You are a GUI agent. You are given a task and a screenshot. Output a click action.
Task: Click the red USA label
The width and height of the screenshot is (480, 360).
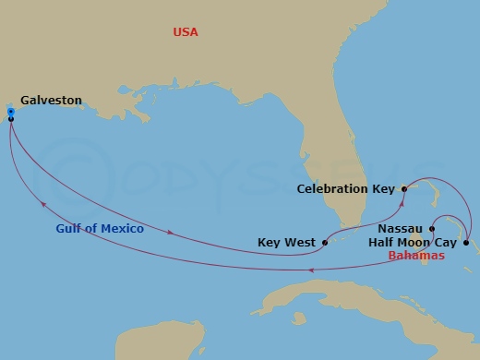pos(186,33)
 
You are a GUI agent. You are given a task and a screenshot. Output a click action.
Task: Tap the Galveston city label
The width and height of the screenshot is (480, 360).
pos(51,100)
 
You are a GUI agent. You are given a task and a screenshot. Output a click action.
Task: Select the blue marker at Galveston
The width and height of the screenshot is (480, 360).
pos(10,112)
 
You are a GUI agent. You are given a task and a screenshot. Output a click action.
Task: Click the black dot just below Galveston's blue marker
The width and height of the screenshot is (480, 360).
pos(10,119)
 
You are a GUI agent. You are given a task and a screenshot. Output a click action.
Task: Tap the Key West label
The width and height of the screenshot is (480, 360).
pos(285,244)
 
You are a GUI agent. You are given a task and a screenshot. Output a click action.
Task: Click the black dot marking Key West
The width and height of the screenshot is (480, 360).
pos(325,244)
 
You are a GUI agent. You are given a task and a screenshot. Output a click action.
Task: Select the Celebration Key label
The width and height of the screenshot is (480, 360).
pos(345,189)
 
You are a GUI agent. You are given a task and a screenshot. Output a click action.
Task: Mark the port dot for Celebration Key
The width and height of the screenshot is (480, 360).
pos(404,188)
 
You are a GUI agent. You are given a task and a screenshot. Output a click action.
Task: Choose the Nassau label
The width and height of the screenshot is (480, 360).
pos(401,227)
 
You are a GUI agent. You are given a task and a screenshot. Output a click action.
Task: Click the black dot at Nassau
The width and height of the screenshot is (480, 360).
pos(432,227)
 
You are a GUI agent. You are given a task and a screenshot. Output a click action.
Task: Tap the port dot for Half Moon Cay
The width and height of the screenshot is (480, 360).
pos(465,243)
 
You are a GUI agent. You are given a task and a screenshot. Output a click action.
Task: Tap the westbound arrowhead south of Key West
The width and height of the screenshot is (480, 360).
pos(310,270)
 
